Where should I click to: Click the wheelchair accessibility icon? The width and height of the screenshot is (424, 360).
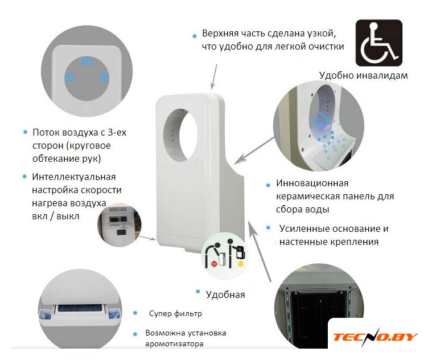[378, 43]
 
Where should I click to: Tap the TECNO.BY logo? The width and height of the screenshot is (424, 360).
[375, 337]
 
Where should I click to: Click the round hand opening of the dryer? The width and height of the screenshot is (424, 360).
[180, 134]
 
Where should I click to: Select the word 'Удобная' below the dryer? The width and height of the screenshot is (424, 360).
[225, 294]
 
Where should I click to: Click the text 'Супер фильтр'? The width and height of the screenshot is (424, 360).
[175, 313]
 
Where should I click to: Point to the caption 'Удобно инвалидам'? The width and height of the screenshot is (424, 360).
[364, 75]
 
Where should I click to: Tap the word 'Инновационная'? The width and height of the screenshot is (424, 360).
[312, 183]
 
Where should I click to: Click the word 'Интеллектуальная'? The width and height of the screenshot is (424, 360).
[74, 177]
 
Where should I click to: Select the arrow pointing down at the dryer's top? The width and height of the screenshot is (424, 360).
[213, 76]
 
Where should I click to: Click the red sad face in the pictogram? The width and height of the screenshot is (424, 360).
[215, 263]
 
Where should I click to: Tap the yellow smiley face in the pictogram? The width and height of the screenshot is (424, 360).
[240, 263]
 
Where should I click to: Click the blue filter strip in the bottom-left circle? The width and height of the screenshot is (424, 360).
[80, 308]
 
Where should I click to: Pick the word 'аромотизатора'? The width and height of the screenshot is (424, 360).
[174, 344]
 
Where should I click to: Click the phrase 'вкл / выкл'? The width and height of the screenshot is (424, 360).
[56, 216]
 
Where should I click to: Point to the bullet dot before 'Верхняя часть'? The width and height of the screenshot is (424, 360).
[195, 36]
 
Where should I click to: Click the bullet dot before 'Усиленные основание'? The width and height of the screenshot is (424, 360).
[268, 228]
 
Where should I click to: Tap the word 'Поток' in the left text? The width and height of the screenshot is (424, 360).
[46, 132]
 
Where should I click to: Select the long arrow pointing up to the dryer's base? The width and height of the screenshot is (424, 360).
[260, 251]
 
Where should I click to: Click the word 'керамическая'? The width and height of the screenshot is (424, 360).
[307, 197]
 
